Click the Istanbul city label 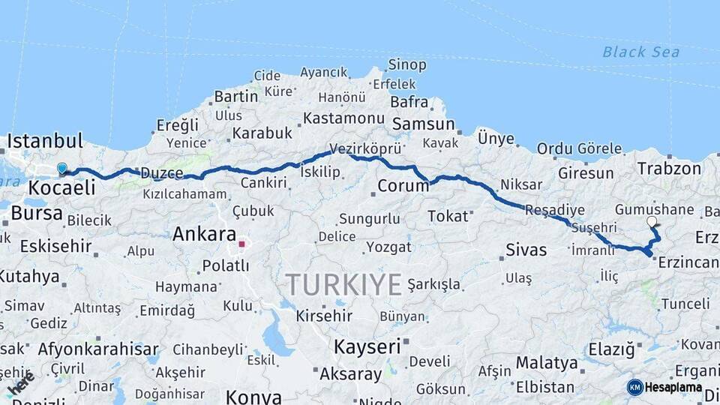pos(45,141)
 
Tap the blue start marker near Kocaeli pos(61,169)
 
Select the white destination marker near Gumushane pos(652,222)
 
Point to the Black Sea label pos(641,52)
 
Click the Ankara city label pos(204,234)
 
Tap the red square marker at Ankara pos(241,244)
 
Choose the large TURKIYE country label pos(343,285)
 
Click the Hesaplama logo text pos(673,387)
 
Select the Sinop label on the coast pos(407,65)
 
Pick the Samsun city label pos(424,124)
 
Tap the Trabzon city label pos(669,169)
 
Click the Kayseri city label pos(367,346)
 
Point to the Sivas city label pos(526,250)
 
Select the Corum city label pos(403,185)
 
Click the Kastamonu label pos(344,118)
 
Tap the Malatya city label pos(547,363)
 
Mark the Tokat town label pos(447,217)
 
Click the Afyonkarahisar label pos(98,349)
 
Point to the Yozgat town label pos(388,247)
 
